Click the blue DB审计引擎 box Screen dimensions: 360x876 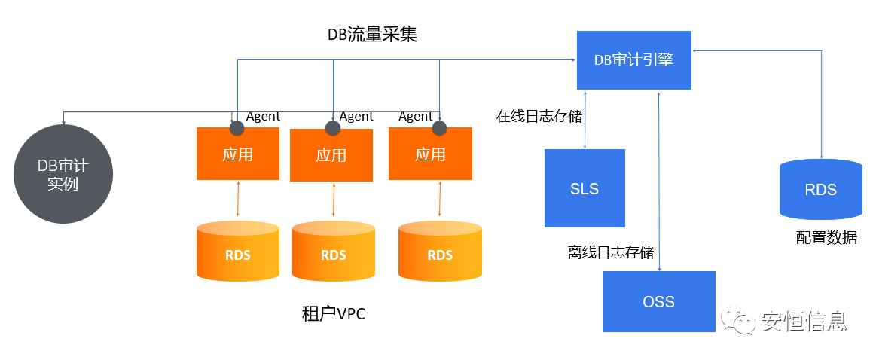633,60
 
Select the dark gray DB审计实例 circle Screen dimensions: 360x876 63,174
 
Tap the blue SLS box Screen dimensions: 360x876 585,188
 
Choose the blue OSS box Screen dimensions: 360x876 658,301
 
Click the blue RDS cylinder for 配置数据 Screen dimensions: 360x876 820,190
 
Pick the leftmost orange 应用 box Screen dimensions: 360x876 237,154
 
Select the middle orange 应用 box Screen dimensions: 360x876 331,156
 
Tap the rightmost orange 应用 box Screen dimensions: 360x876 430,154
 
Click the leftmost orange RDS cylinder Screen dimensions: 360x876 237,253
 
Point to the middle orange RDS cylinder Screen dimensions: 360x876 334,254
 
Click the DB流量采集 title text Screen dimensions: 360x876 371,35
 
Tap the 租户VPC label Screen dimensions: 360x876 333,314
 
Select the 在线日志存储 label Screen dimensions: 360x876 539,117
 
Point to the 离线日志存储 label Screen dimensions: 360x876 611,252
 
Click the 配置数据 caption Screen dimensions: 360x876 826,238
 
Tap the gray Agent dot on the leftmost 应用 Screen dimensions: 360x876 237,125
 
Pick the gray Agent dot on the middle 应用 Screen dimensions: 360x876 332,127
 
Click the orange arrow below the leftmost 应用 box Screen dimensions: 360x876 238,200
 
